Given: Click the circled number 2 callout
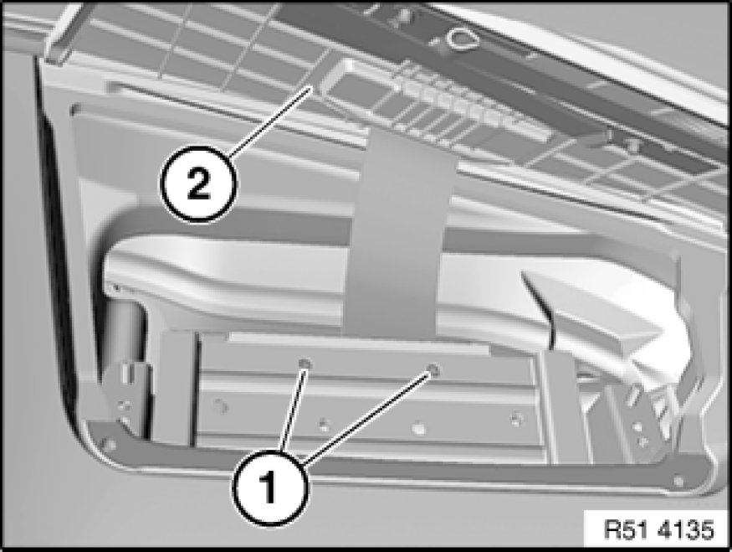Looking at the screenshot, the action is coord(198,183).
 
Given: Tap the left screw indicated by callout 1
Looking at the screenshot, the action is coord(305,364).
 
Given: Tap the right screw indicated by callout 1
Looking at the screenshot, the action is coord(433,370).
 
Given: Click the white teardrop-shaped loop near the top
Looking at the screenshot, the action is coord(463,39).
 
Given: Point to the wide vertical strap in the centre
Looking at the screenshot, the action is coord(397,234).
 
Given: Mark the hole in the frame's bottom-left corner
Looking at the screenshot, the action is coord(108,444).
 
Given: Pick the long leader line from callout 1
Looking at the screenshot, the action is coord(368,416).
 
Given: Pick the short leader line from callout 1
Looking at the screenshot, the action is coord(293,409).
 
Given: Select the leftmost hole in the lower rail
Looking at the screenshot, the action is coord(220,405).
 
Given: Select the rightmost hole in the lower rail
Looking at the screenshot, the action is coord(516,418).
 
